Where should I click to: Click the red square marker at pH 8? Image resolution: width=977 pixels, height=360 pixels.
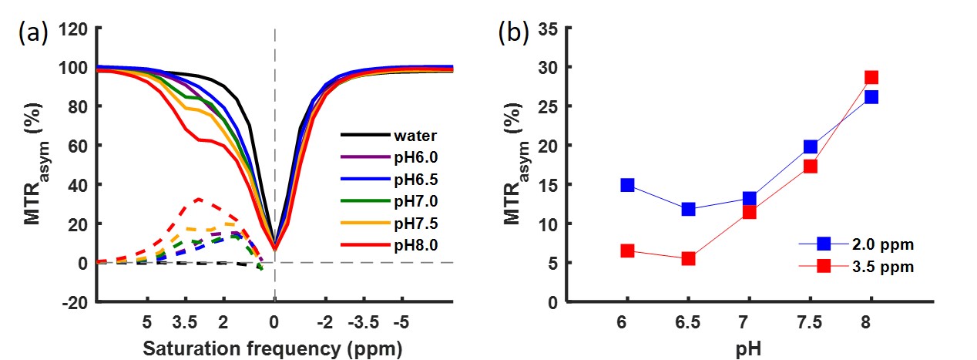[x=871, y=77]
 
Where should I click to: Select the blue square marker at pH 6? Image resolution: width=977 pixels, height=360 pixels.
[x=627, y=185]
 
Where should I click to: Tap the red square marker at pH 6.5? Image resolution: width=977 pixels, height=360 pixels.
[x=688, y=258]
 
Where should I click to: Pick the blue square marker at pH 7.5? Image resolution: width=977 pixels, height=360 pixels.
[x=810, y=146]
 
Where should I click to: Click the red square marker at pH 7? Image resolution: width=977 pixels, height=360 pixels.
[x=749, y=211]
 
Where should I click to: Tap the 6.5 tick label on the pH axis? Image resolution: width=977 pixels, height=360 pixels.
[x=688, y=321]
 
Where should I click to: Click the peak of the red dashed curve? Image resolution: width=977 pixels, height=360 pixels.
[x=198, y=199]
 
